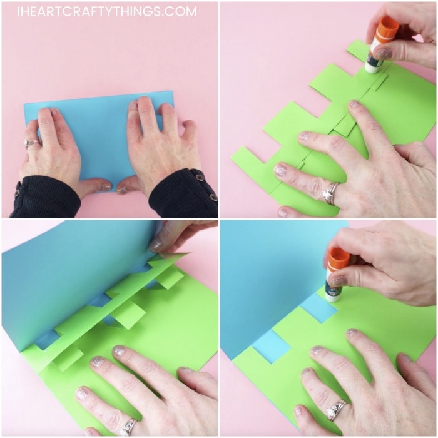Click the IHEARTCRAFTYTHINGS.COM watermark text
click(107, 11)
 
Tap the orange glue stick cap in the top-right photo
click(387, 29)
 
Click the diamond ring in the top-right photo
click(330, 193)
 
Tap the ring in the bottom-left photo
click(129, 427)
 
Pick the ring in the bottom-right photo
click(337, 410)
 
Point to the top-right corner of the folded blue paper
click(173, 91)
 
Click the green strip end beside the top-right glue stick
click(356, 49)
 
